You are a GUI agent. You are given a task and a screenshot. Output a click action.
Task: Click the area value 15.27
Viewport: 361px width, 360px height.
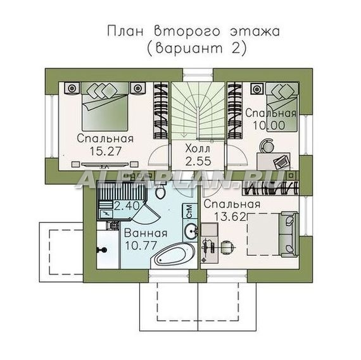(x=105, y=151)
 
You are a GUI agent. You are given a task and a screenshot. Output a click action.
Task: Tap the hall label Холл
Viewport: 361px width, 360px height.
(x=198, y=149)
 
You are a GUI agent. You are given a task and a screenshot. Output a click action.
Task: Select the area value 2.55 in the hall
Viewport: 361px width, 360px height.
(x=198, y=161)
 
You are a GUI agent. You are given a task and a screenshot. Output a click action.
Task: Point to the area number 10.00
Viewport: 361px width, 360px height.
(x=269, y=126)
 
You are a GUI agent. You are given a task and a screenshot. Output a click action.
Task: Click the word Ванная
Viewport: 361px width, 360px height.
(x=146, y=233)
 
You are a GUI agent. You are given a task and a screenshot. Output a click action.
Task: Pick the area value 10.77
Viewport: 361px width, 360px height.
(x=141, y=245)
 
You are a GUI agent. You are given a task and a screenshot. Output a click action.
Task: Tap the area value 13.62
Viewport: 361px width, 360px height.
(x=230, y=216)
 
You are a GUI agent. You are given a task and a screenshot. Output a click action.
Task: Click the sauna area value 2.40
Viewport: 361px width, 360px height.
(x=127, y=206)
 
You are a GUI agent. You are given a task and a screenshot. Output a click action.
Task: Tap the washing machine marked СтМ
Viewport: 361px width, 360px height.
(x=190, y=211)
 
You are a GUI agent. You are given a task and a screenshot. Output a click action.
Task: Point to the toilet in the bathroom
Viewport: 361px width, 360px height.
(x=160, y=192)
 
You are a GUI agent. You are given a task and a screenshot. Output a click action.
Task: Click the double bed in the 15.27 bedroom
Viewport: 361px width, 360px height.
(x=105, y=106)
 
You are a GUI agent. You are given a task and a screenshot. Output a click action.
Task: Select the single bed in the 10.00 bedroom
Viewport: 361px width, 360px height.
(x=282, y=107)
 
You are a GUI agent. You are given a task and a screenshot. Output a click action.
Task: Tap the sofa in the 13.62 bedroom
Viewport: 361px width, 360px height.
(x=288, y=235)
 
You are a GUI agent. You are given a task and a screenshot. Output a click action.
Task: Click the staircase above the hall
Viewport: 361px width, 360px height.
(x=198, y=111)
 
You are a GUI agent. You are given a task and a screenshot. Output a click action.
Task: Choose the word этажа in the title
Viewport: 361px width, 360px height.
(x=255, y=32)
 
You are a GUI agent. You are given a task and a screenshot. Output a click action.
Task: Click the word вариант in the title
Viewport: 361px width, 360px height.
(x=189, y=49)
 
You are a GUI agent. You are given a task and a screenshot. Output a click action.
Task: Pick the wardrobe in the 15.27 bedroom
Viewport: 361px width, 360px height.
(x=161, y=111)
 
